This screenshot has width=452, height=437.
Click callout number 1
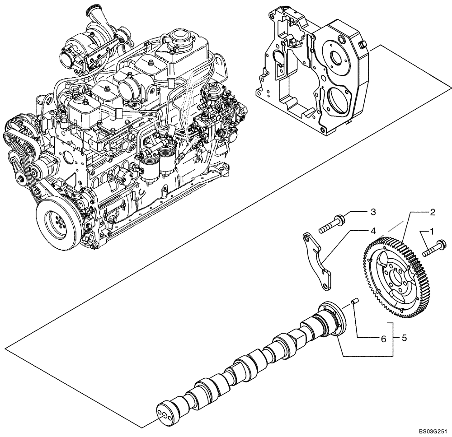pos(432,231)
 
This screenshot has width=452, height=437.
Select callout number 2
pos(432,211)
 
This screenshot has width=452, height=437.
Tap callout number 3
pos(373,211)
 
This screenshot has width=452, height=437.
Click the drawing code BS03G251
pos(433,431)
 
